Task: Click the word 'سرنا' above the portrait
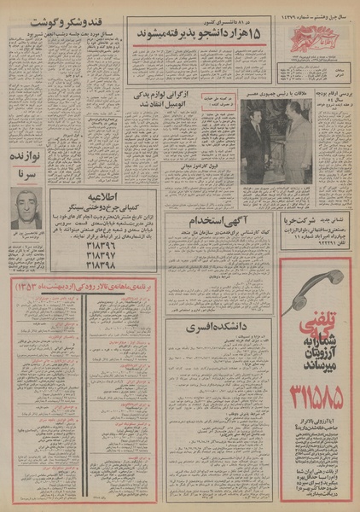tap(28, 175)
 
